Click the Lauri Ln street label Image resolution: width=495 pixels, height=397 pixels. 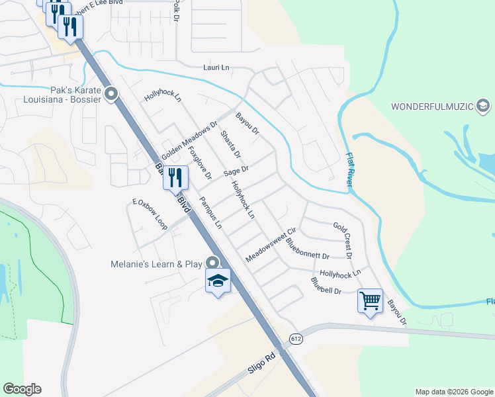(216, 67)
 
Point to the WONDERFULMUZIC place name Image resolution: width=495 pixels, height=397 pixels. (432, 106)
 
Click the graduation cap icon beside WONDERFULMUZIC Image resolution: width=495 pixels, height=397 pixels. (483, 105)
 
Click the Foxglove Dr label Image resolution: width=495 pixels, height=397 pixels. (200, 163)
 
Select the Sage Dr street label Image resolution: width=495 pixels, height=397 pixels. (236, 171)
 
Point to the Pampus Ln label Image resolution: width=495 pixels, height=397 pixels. (211, 212)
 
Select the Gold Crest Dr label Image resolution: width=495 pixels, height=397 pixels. (343, 240)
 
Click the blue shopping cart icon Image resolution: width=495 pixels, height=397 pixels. (370, 300)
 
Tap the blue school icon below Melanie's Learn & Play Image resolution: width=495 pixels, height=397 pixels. (218, 281)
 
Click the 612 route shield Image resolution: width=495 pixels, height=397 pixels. (296, 339)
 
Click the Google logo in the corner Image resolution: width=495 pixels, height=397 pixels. (22, 389)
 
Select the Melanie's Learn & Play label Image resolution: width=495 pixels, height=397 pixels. (156, 264)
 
